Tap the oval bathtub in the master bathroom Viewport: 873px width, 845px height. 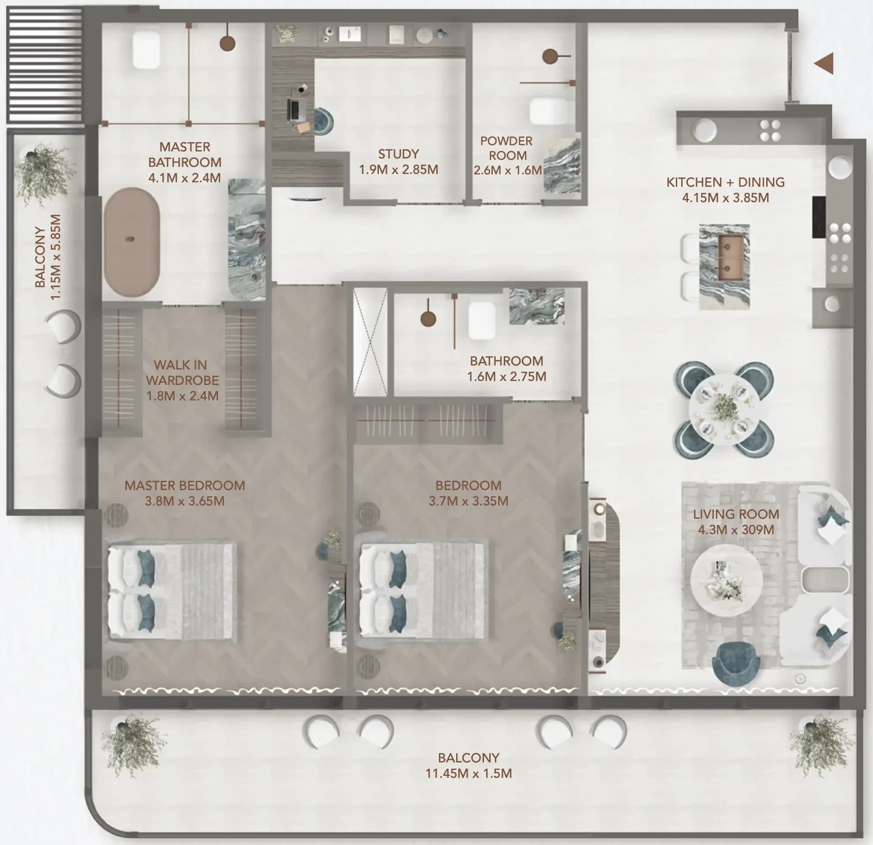click(131, 242)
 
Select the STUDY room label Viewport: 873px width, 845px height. click(399, 154)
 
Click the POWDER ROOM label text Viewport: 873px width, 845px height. click(507, 148)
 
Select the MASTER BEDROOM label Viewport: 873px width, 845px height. click(185, 485)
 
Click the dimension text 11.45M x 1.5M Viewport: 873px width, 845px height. click(468, 773)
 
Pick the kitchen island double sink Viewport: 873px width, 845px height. click(731, 257)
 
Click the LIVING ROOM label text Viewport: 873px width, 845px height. click(736, 514)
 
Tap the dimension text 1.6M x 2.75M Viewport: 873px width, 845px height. click(506, 377)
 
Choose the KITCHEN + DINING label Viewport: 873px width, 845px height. click(726, 182)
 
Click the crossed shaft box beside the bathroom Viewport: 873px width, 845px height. click(370, 342)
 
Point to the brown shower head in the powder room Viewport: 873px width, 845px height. click(551, 57)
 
